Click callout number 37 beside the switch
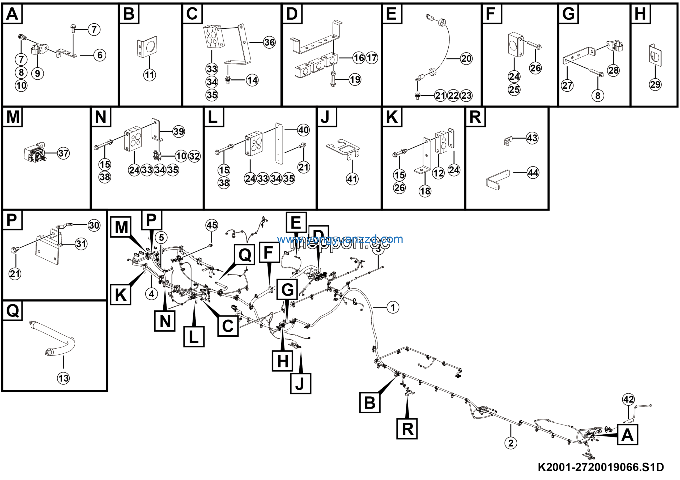[63, 153]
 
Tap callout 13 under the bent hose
[63, 378]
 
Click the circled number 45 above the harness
[212, 225]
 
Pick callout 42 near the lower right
[628, 399]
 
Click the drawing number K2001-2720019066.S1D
[601, 467]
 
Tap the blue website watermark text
[340, 239]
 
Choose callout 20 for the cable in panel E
[466, 59]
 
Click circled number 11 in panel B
[150, 75]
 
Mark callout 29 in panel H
[655, 85]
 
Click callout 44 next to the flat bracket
[533, 173]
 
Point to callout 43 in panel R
[532, 138]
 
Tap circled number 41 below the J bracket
[352, 179]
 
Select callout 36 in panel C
[270, 42]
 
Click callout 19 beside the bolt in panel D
[355, 79]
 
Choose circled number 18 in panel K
[425, 191]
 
